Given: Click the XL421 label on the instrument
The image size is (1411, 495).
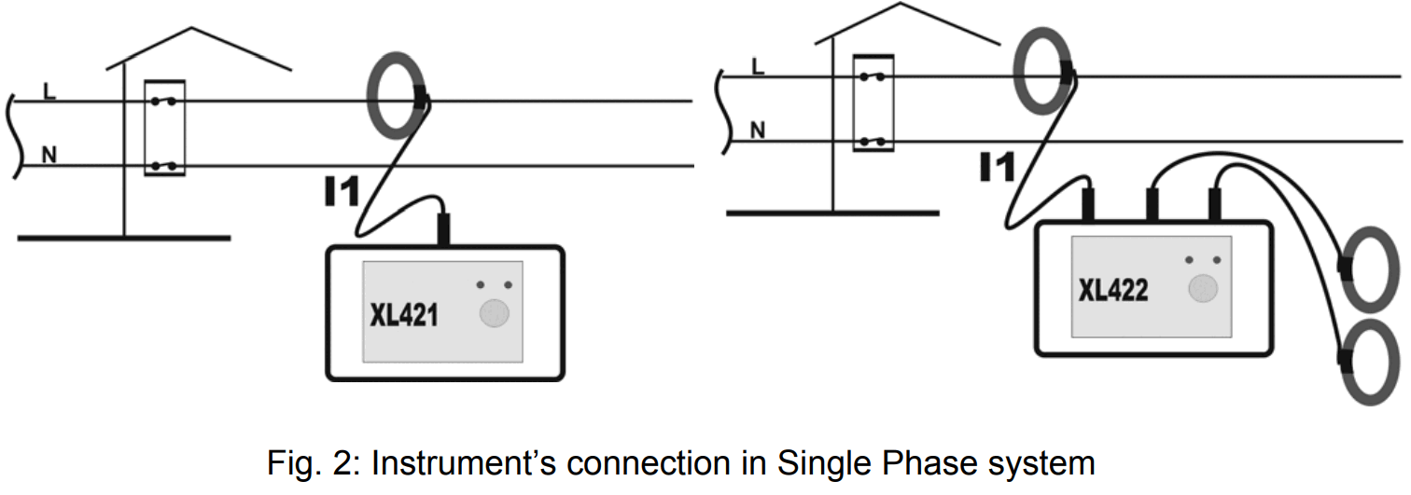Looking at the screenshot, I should pos(404,315).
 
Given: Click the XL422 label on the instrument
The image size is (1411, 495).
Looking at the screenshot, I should pos(1113,291).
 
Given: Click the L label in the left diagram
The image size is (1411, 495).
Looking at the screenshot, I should pos(48,90).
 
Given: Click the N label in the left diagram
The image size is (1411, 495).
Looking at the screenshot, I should pos(49,155).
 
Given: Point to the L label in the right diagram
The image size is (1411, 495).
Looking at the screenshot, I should pos(757,65).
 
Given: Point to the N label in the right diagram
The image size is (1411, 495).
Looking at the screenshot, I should pos(758,131).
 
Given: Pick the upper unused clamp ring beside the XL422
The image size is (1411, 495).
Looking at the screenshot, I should pos(1370,268).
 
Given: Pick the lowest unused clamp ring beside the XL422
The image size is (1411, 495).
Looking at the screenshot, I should pos(1370,361).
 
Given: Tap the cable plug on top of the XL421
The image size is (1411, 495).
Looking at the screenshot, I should pos(443,227).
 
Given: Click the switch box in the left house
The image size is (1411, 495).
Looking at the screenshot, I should pos(164,129).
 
